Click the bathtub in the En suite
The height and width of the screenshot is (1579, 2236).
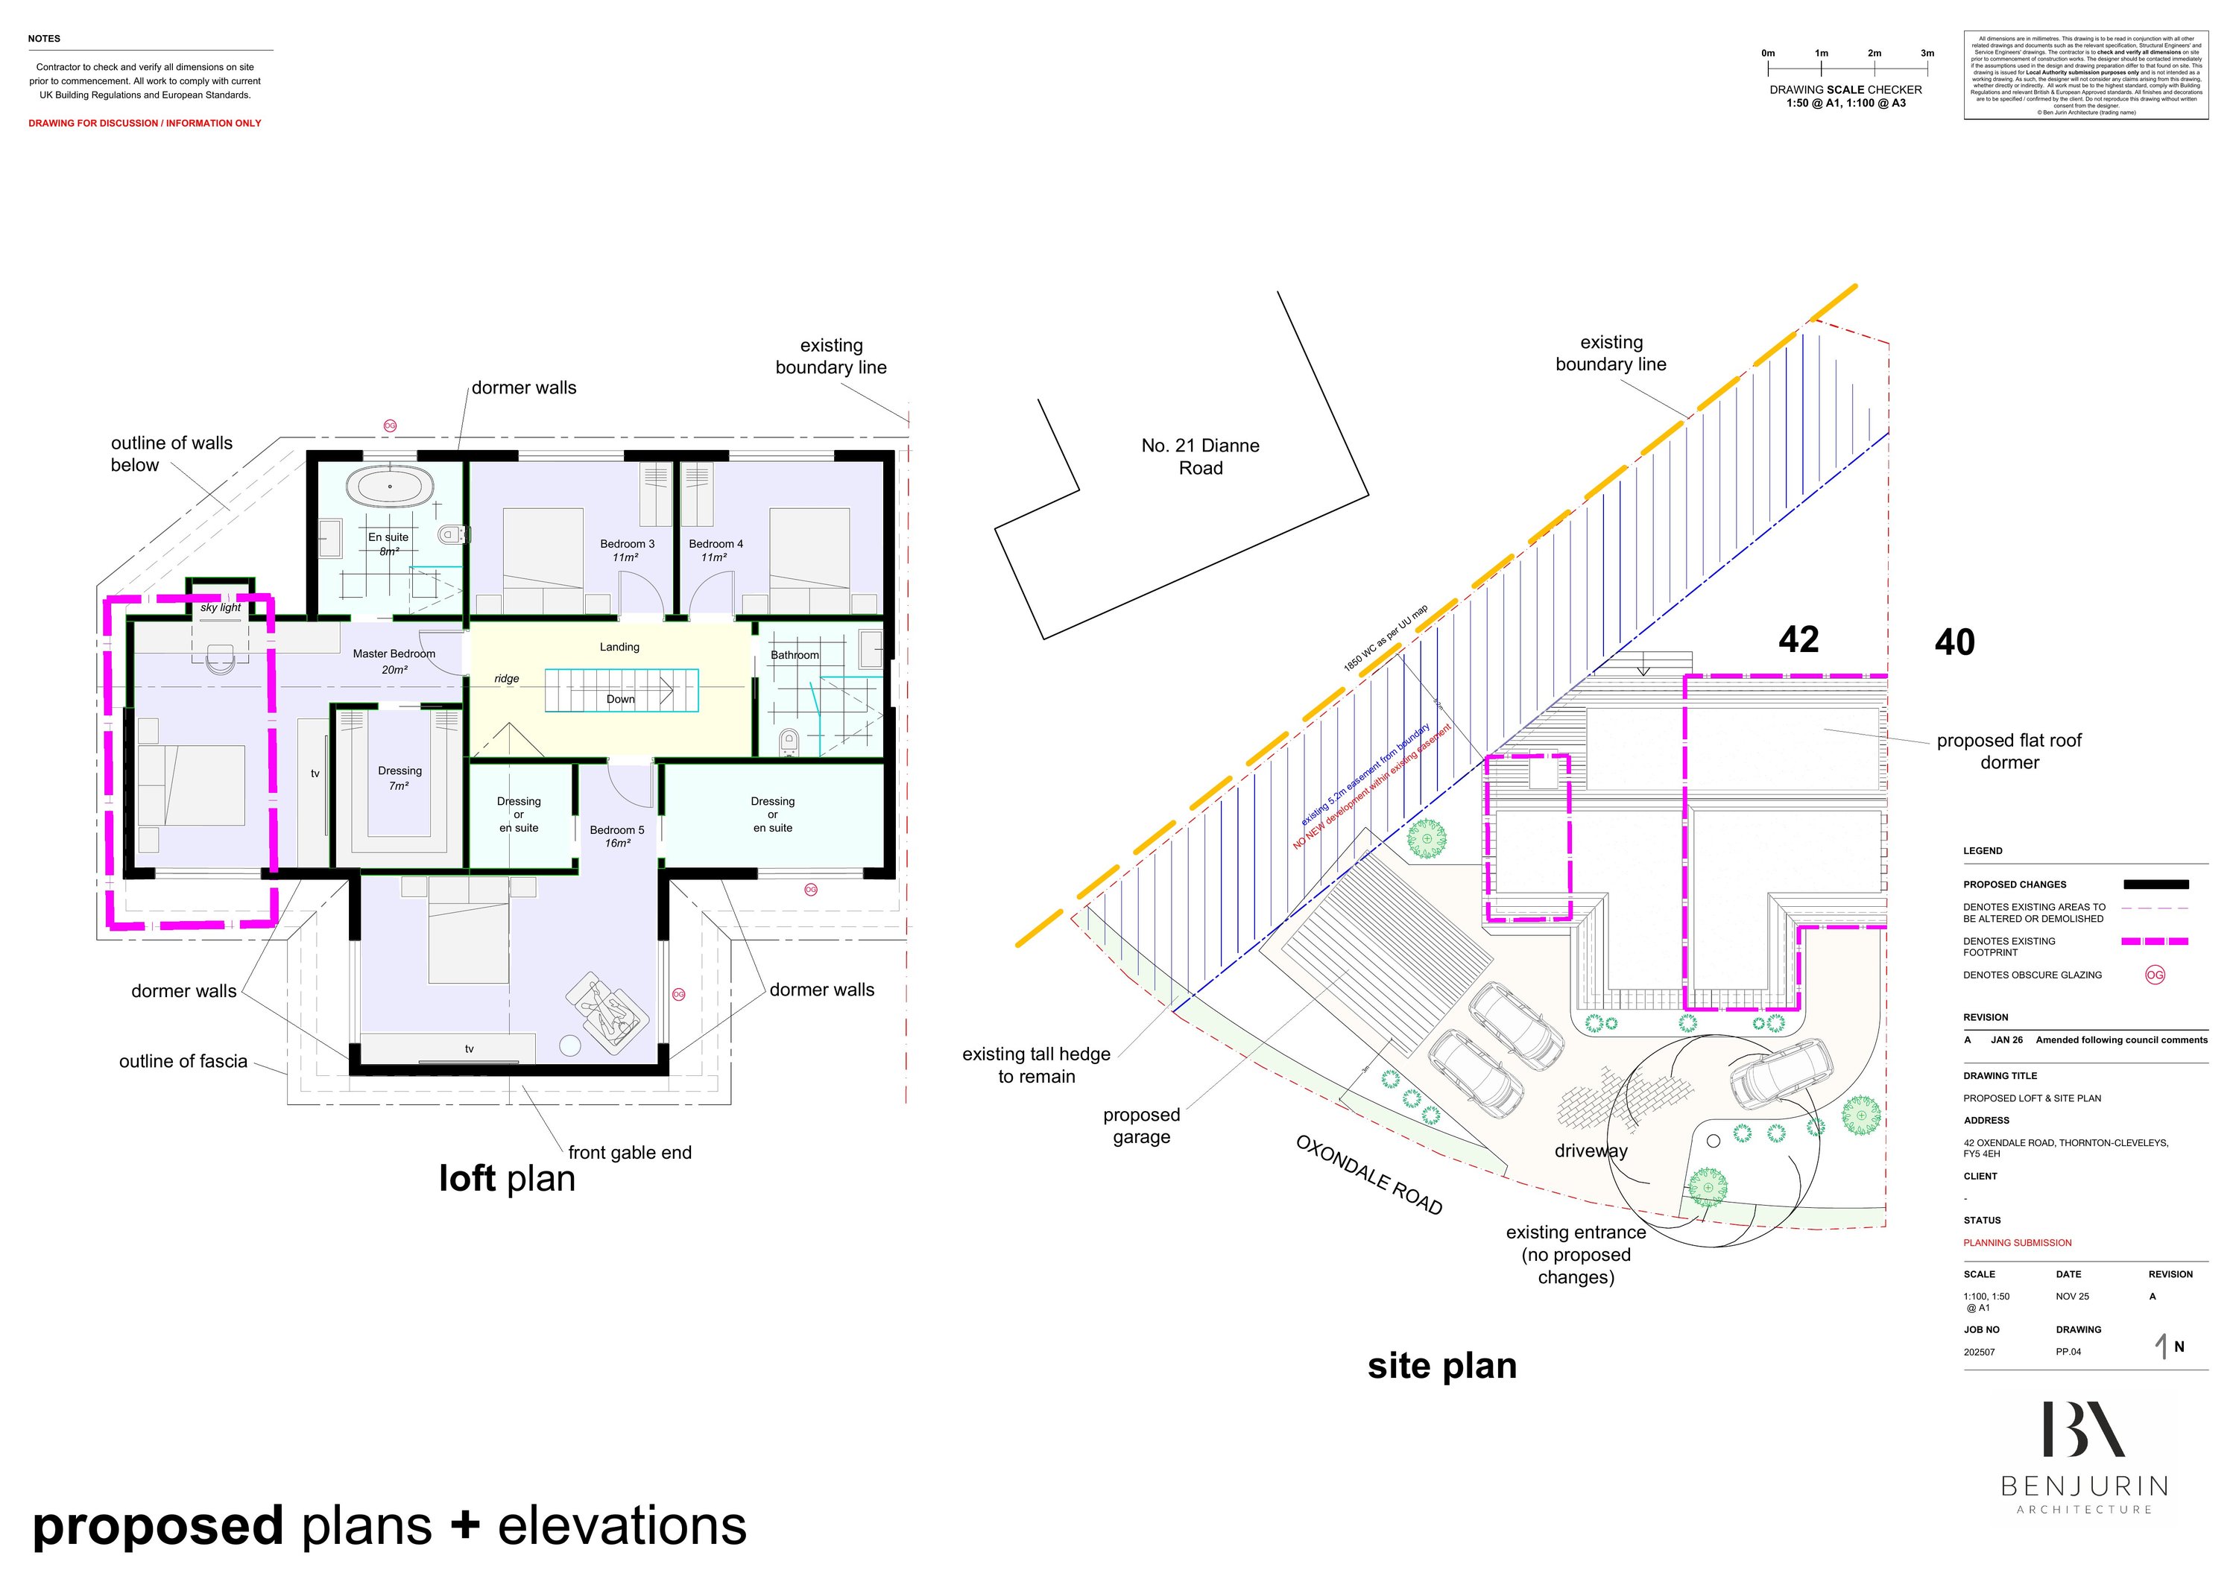(x=390, y=485)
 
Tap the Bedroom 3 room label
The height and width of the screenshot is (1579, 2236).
(x=627, y=544)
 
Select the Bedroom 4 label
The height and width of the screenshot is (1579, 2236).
(x=716, y=544)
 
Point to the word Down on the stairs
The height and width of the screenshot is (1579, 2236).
(x=620, y=699)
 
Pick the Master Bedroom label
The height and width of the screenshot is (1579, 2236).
(x=394, y=654)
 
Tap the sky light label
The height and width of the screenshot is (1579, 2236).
(x=221, y=607)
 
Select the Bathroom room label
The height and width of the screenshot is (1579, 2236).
(x=795, y=655)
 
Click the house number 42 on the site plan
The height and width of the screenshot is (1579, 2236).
(x=1798, y=639)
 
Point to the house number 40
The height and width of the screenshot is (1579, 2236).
(x=1954, y=642)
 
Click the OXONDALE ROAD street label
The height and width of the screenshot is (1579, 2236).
(x=1368, y=1174)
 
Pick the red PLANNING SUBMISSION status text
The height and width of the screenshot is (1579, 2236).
(x=2017, y=1243)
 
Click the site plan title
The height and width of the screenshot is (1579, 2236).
(x=1441, y=1366)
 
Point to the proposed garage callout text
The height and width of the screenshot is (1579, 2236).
(x=1141, y=1125)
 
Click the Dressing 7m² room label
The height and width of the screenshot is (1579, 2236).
(x=399, y=778)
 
